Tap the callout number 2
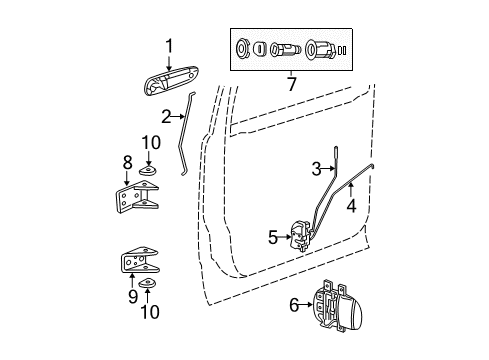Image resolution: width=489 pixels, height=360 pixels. pyautogui.click(x=167, y=117)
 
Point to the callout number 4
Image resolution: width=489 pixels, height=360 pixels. pyautogui.click(x=351, y=206)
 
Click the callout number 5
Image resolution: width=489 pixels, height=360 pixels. pyautogui.click(x=272, y=236)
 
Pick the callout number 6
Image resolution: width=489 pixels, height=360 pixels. pyautogui.click(x=293, y=305)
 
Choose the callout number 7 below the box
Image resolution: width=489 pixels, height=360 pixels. pyautogui.click(x=290, y=83)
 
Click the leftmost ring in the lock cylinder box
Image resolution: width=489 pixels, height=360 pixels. pyautogui.click(x=245, y=48)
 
